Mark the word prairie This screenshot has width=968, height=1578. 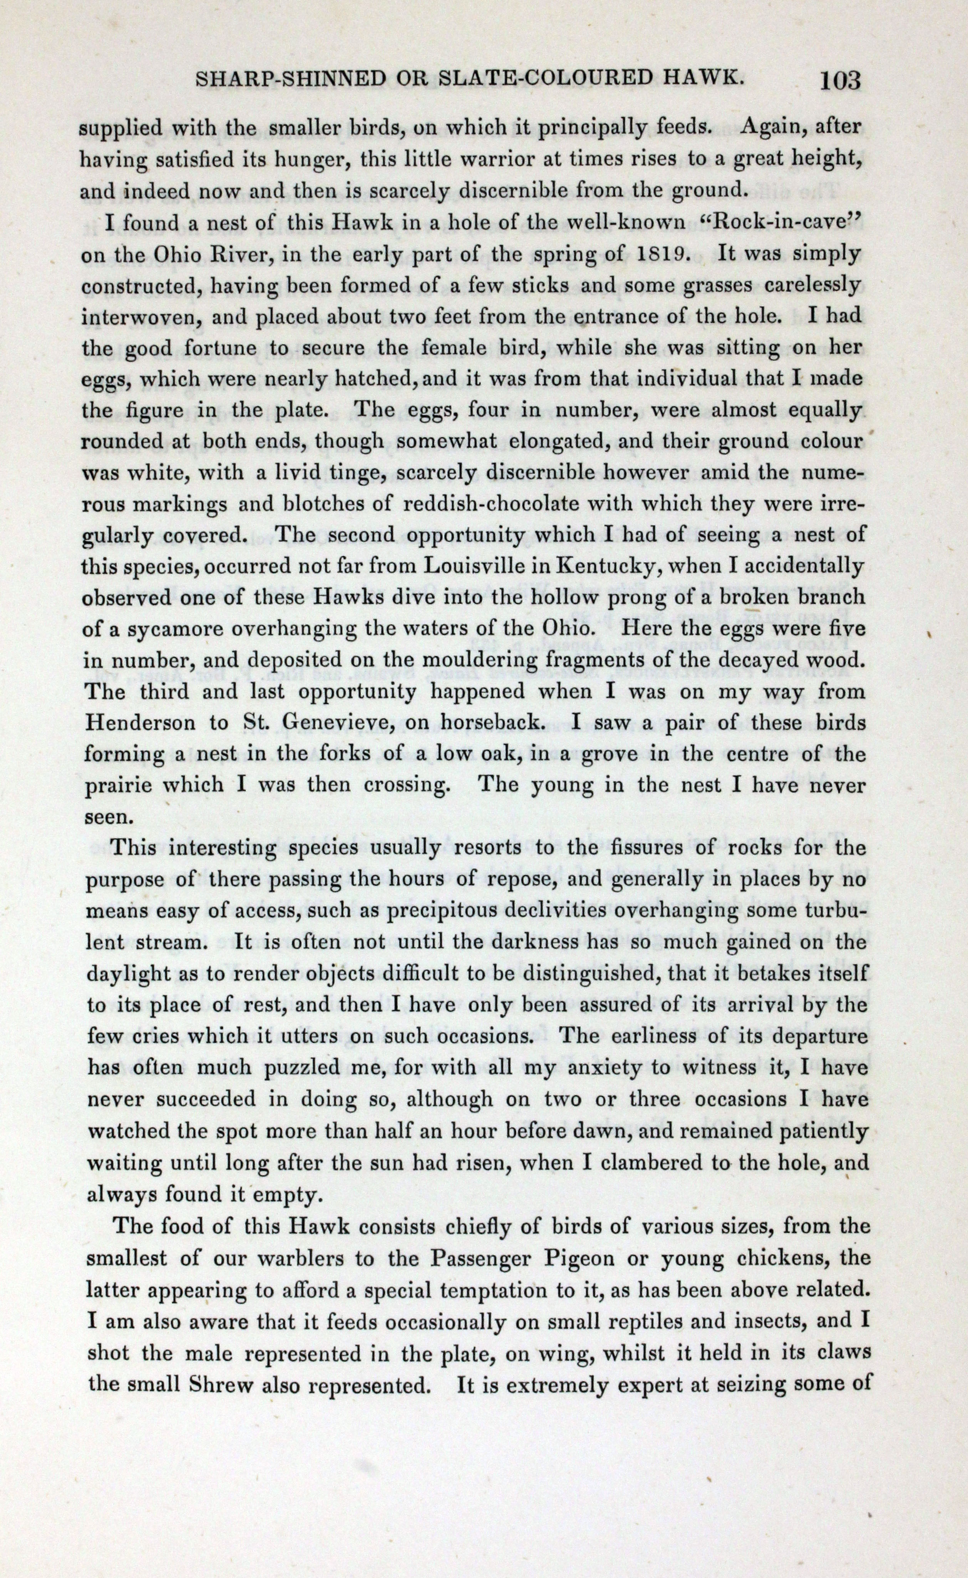point(122,785)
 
